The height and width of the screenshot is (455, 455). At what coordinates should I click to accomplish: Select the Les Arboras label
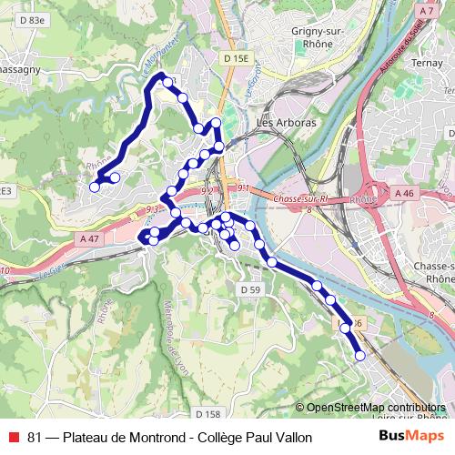point(287,122)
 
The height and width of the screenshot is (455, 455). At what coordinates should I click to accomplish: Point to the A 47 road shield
point(89,238)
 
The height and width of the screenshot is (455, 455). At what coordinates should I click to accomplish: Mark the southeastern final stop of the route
point(360,356)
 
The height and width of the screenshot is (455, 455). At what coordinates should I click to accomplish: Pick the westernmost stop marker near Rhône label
point(94,187)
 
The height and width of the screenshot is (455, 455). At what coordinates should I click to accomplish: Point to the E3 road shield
point(5,191)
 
